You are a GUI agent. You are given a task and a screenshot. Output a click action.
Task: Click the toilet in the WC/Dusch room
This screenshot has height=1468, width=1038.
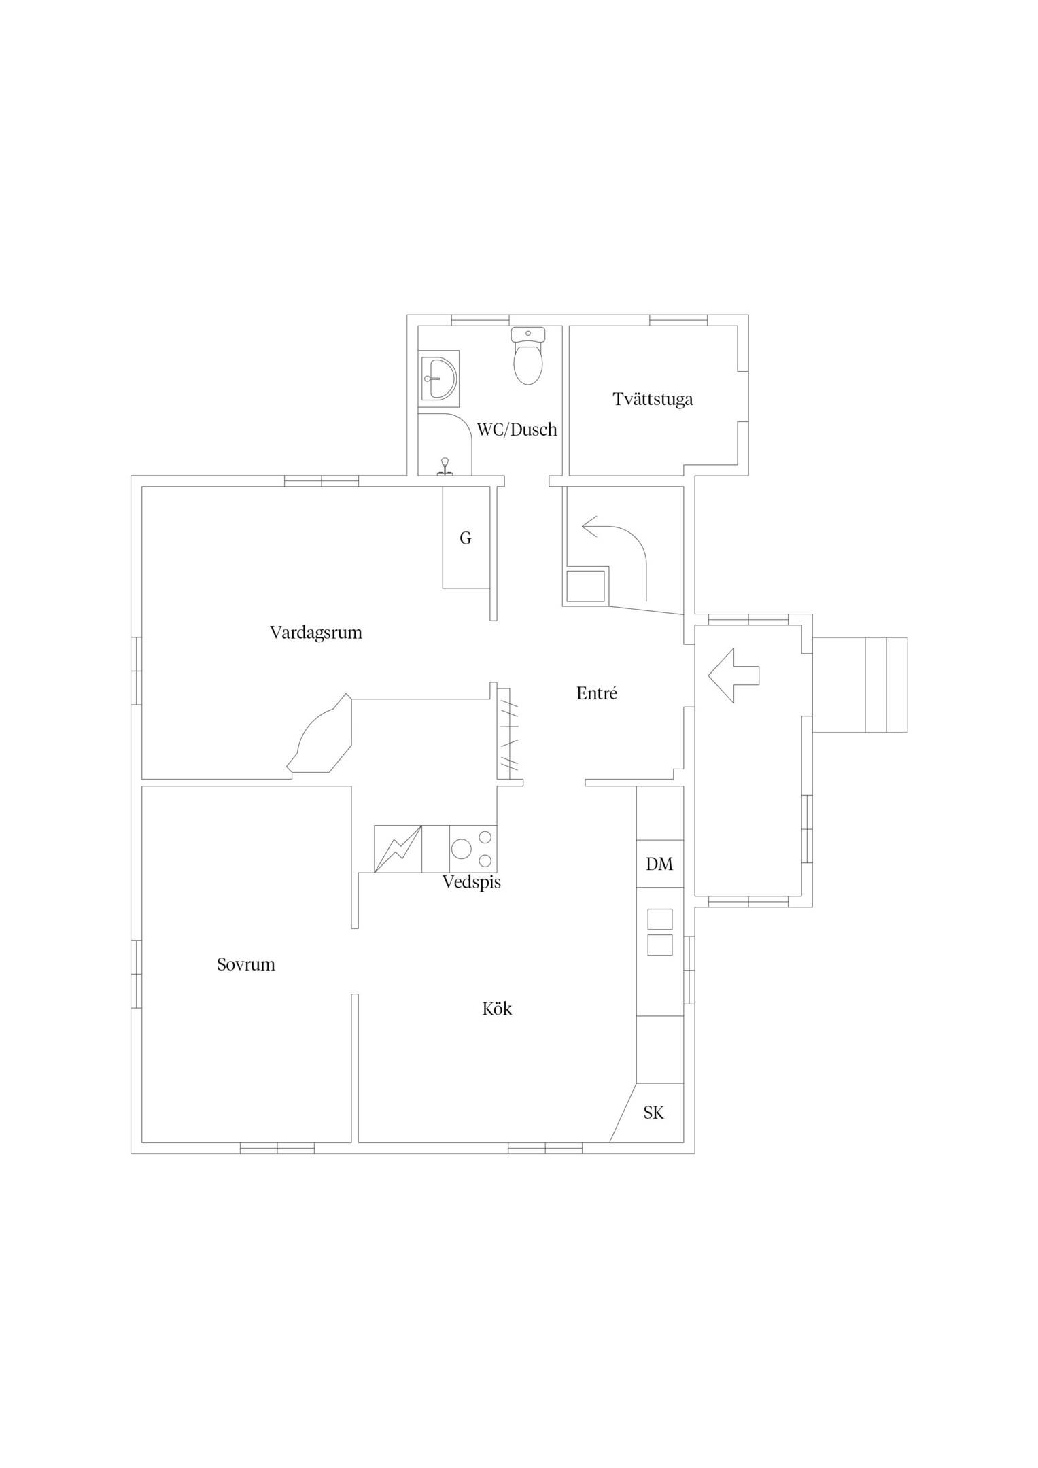[x=527, y=359]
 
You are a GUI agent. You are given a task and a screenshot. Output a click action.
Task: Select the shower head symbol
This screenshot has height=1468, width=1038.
[x=445, y=464]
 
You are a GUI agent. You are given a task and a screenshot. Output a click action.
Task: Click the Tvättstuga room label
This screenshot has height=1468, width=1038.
[x=653, y=399]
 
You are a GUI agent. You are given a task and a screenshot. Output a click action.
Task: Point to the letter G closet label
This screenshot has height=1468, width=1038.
[x=466, y=538]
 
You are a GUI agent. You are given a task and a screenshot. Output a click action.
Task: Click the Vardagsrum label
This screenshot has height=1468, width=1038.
[x=315, y=633]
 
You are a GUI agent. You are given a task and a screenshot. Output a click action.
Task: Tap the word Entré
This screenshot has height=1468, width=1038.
[x=596, y=694]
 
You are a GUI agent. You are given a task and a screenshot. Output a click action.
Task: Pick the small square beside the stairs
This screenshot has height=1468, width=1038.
[x=585, y=587]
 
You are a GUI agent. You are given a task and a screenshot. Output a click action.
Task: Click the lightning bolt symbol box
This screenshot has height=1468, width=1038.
[x=398, y=849]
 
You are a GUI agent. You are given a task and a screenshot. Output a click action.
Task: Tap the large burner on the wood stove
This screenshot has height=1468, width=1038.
[x=462, y=849]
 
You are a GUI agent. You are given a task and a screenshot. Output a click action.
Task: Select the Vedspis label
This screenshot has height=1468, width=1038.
[x=471, y=882]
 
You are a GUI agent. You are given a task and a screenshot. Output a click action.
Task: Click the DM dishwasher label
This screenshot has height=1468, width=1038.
[x=659, y=864]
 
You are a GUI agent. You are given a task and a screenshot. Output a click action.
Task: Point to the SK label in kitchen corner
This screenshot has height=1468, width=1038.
[x=653, y=1113]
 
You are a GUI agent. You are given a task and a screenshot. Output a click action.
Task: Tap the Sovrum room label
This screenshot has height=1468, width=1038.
[x=245, y=964]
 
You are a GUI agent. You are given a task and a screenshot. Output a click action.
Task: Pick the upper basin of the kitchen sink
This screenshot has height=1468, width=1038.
[x=659, y=919]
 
